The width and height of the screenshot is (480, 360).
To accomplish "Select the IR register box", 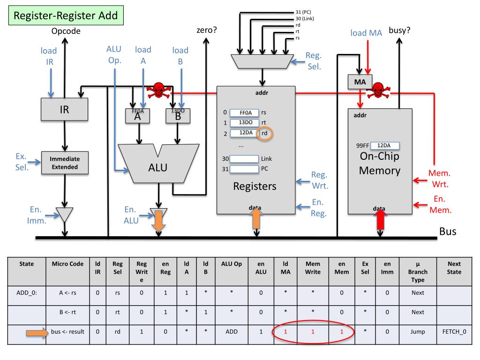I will pos(64,110).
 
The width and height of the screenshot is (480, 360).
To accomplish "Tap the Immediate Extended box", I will pos(65,163).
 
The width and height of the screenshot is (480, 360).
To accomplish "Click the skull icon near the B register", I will pos(159,90).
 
